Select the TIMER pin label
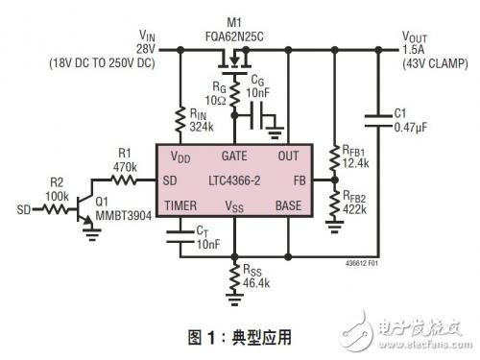[181, 205]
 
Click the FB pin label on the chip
[298, 180]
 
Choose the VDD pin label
[180, 156]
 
